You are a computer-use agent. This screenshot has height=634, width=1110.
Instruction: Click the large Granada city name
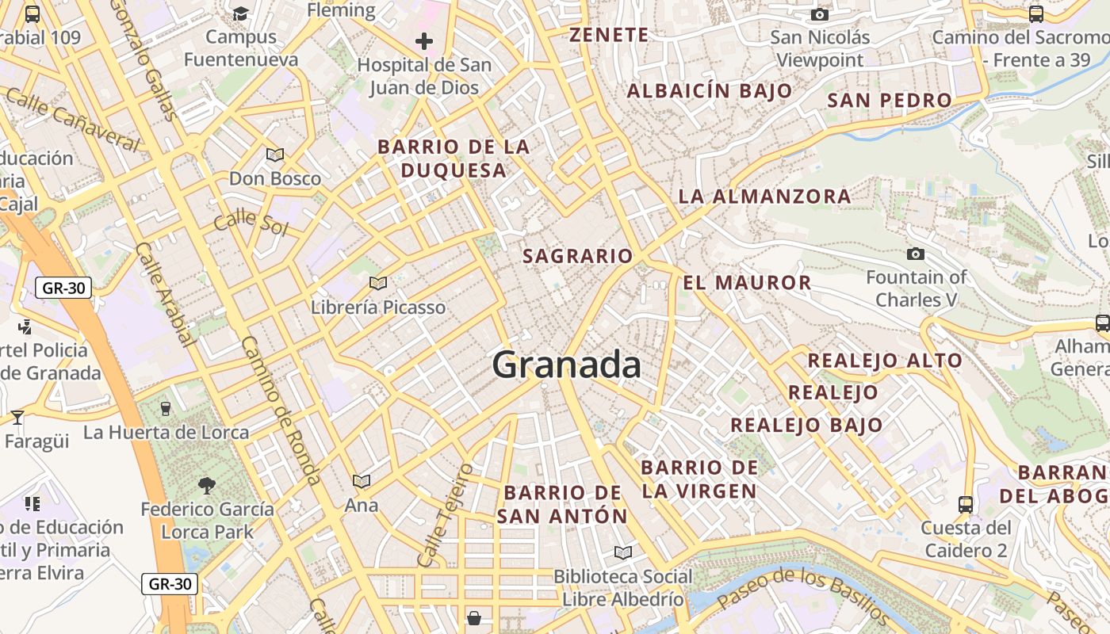tap(566, 365)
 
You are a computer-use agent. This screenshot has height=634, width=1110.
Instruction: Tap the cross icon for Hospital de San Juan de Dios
tap(424, 41)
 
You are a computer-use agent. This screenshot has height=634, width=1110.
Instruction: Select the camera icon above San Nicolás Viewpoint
tap(820, 14)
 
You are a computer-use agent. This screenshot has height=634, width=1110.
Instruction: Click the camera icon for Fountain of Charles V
tap(916, 254)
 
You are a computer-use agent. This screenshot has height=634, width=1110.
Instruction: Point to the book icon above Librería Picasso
tap(378, 283)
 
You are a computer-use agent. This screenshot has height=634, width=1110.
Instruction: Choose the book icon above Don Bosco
tap(275, 155)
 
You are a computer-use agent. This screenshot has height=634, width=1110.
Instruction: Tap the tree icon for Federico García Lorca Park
tap(207, 485)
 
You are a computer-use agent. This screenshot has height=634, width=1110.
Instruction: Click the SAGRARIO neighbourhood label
tap(578, 256)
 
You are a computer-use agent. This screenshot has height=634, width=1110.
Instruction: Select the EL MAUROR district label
tap(747, 282)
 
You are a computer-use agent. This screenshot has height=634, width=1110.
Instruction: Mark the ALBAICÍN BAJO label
tap(710, 90)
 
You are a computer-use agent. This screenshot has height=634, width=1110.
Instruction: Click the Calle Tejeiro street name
tap(445, 515)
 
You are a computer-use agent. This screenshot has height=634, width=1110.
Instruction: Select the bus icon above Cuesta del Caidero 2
tap(966, 504)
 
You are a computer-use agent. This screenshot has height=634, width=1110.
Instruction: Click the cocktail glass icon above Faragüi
tap(17, 417)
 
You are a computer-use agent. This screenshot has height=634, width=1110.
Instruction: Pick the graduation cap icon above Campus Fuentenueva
tap(240, 13)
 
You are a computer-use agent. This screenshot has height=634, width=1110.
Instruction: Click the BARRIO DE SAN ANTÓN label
tap(562, 504)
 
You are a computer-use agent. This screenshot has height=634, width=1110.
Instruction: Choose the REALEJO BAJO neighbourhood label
tap(806, 425)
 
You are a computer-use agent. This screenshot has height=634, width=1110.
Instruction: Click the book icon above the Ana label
tap(362, 481)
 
